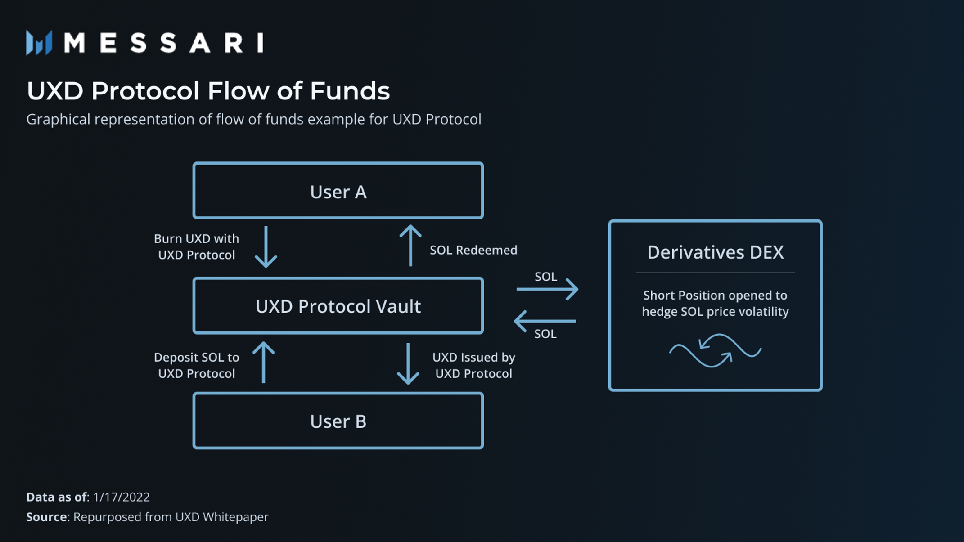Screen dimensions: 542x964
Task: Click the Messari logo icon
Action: click(39, 43)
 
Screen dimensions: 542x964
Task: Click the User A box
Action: click(338, 191)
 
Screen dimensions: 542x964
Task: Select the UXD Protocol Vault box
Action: click(338, 306)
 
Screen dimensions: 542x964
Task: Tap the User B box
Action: click(338, 421)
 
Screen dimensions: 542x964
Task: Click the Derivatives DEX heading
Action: click(715, 252)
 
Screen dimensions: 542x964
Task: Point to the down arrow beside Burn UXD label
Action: click(266, 247)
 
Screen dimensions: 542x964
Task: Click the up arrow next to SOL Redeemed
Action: click(410, 246)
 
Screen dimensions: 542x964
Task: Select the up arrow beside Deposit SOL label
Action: click(264, 363)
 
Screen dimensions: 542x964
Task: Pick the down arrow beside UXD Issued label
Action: click(408, 363)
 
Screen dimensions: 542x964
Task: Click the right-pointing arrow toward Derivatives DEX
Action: click(547, 289)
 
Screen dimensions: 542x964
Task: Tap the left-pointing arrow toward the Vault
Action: click(545, 321)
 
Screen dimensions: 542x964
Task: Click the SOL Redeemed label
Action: click(473, 250)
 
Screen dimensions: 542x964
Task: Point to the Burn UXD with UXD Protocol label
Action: click(197, 246)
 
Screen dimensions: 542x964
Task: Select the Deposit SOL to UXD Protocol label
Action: click(197, 365)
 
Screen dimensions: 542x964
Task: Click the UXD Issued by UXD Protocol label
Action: click(473, 365)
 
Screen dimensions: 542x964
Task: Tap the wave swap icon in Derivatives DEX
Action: click(715, 351)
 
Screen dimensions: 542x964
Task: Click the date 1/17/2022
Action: click(121, 497)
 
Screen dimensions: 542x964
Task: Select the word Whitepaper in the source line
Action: click(235, 517)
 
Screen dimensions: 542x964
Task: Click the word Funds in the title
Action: click(350, 91)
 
